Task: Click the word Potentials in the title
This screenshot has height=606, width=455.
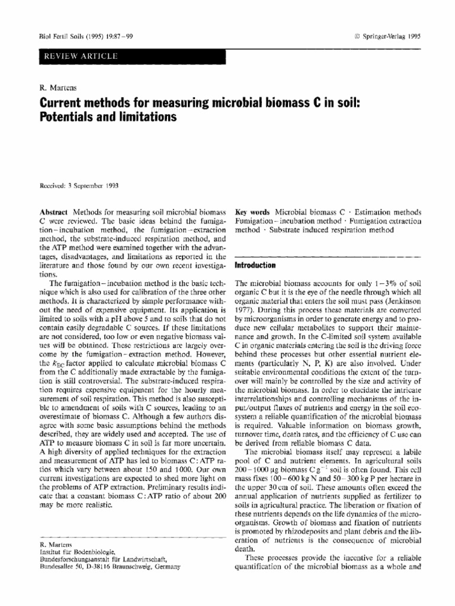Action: [x=66, y=117]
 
